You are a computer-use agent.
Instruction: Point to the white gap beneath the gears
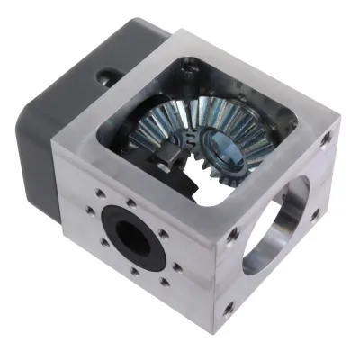209,191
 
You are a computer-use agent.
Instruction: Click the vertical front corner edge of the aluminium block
213,270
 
